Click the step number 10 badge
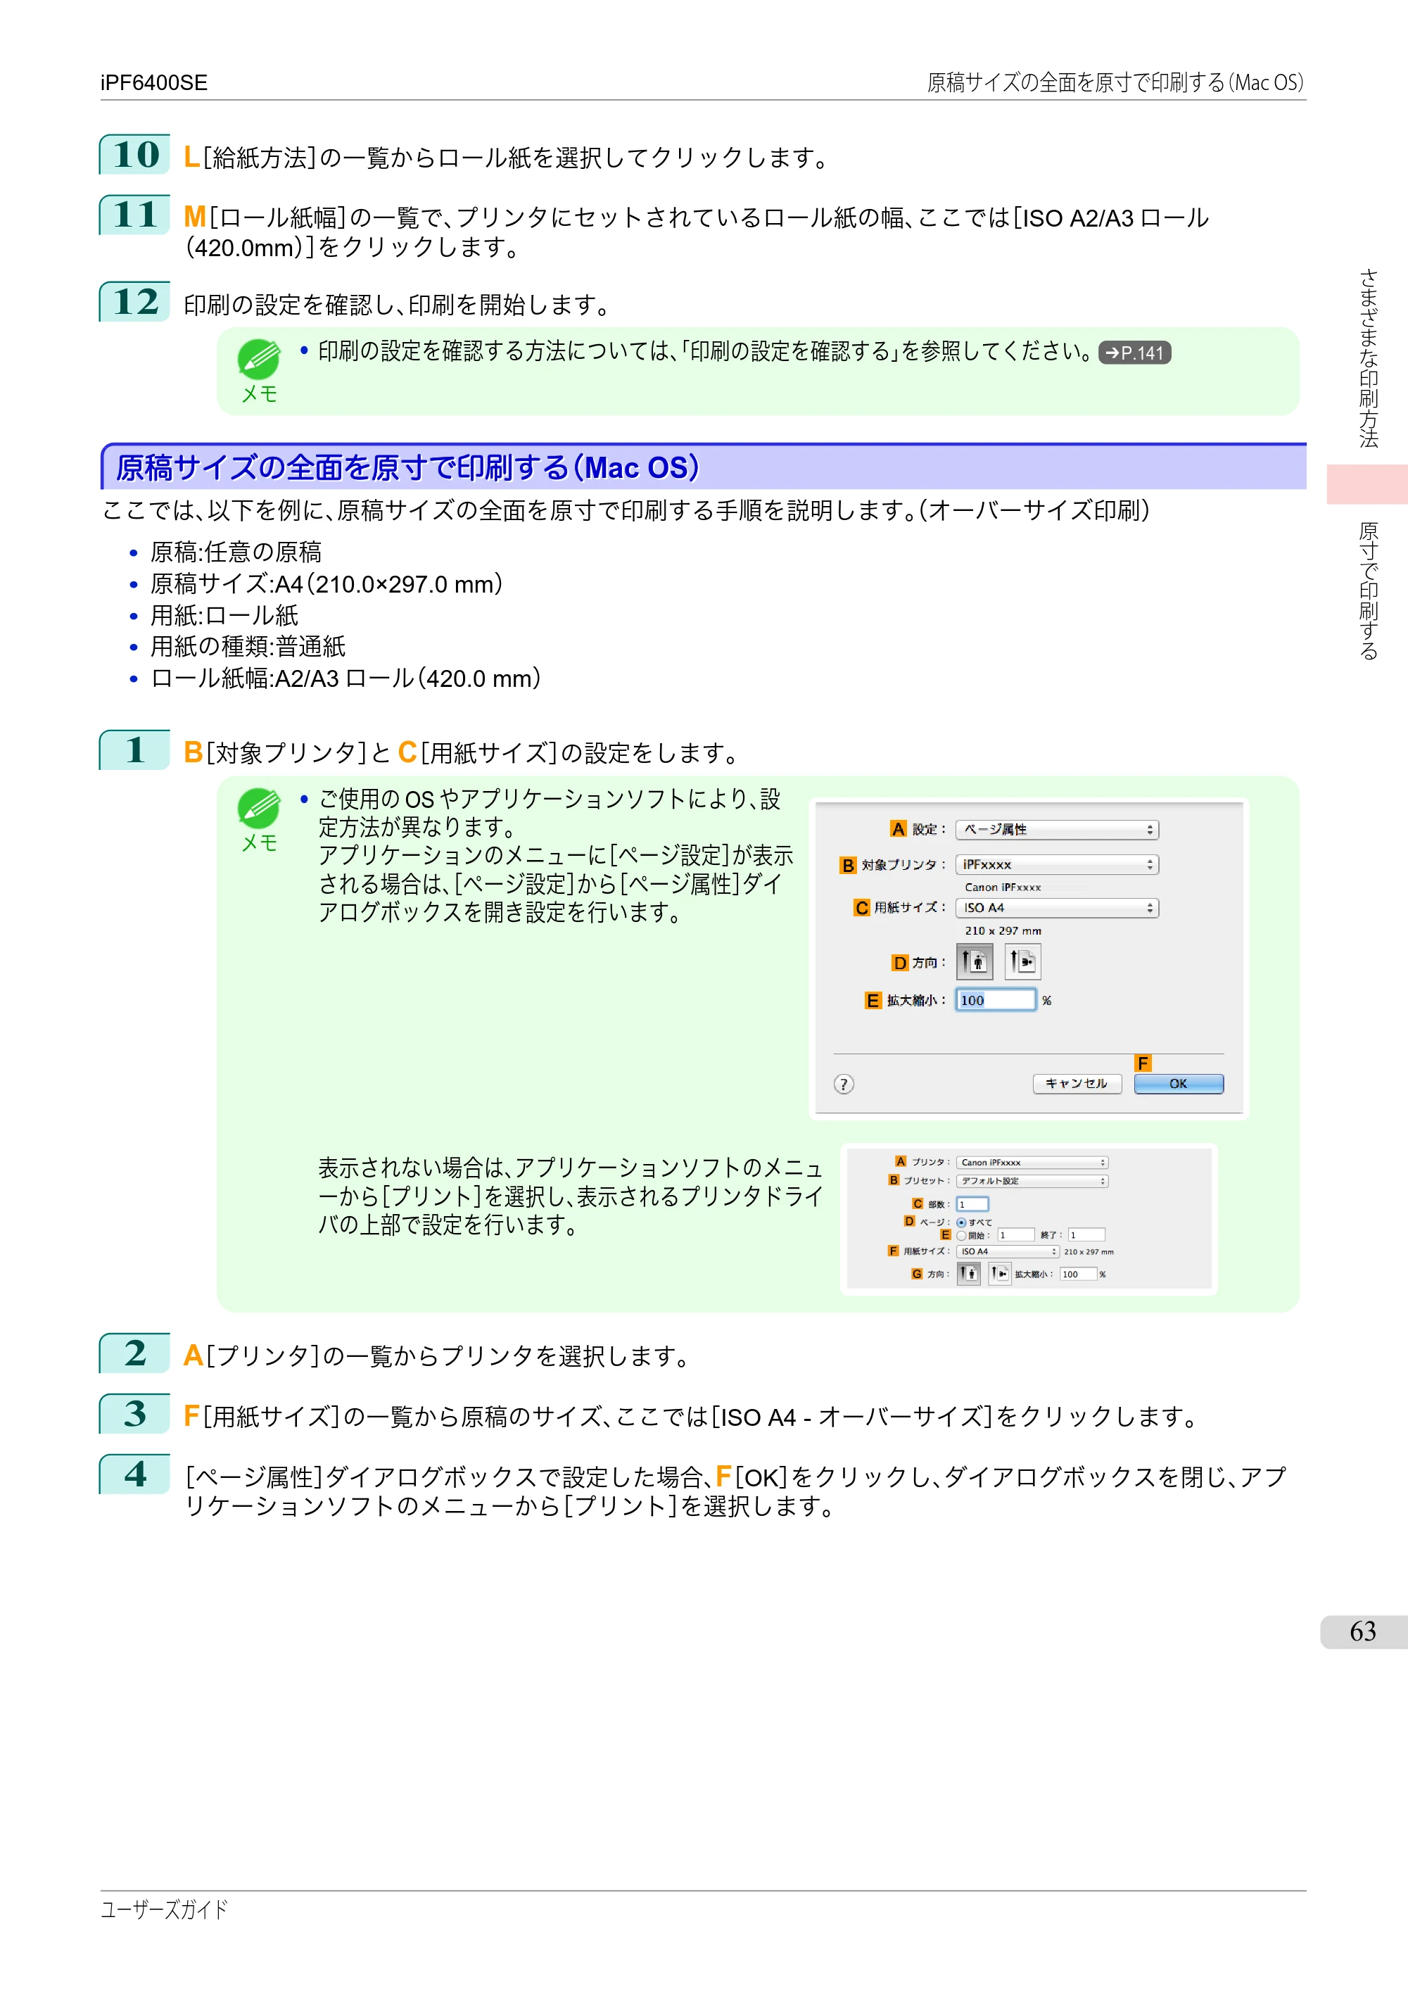(135, 154)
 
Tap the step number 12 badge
(135, 302)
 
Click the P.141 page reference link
(1134, 353)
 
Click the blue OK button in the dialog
(1178, 1084)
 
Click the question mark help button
(844, 1084)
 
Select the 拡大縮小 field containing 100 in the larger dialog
(995, 1000)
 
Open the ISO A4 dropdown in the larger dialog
(1057, 908)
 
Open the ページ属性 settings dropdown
(1057, 830)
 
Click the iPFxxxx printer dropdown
(1057, 864)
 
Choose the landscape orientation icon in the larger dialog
(1023, 961)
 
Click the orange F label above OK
(1143, 1063)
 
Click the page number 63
(1363, 1632)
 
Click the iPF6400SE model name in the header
(153, 82)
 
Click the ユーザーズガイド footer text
(164, 1909)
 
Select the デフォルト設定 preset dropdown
(1032, 1181)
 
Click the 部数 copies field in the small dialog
(972, 1204)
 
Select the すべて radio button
(960, 1222)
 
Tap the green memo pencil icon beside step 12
(258, 359)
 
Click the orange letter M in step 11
(194, 217)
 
